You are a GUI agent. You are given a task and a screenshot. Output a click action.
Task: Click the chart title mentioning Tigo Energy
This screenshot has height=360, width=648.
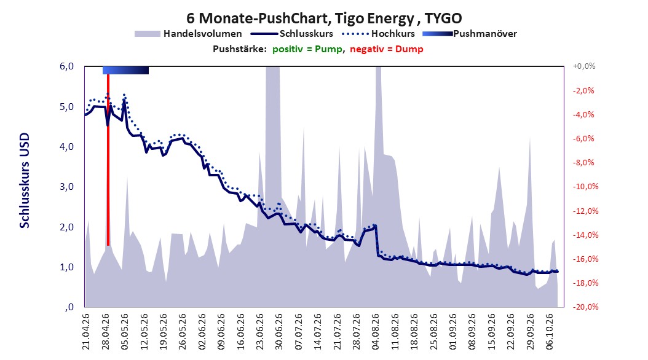click(x=324, y=18)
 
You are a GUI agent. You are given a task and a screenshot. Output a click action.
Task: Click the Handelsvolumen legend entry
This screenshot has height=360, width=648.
click(x=189, y=34)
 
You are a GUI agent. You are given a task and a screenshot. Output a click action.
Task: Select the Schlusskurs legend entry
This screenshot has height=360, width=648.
click(x=292, y=34)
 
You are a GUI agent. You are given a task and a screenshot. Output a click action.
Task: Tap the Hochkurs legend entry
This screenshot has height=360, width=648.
click(x=379, y=34)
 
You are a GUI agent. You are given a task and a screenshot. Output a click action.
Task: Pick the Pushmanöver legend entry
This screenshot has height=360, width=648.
click(x=470, y=34)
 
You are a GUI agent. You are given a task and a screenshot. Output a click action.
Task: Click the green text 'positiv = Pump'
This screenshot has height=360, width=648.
click(x=307, y=49)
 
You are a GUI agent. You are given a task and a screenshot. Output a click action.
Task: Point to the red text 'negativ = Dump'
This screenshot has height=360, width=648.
click(x=387, y=49)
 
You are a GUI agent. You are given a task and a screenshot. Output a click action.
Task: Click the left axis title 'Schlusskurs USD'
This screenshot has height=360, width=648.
click(x=25, y=181)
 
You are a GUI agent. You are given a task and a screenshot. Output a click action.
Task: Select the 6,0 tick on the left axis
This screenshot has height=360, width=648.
click(x=66, y=66)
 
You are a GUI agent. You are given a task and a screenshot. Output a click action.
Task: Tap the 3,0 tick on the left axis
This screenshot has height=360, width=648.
click(x=66, y=187)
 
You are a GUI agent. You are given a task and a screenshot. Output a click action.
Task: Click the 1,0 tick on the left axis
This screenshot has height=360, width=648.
click(x=66, y=267)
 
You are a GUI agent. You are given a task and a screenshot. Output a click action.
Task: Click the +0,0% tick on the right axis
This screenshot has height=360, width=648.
click(x=584, y=66)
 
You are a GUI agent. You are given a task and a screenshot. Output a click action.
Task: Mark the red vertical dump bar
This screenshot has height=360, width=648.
click(x=108, y=160)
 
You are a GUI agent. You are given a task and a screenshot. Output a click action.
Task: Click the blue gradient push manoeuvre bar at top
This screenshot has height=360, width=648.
click(x=125, y=70)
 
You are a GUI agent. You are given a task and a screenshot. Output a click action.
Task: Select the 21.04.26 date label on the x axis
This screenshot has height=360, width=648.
click(x=85, y=332)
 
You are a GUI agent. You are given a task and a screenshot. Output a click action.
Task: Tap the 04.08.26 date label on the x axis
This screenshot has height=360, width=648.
click(x=375, y=332)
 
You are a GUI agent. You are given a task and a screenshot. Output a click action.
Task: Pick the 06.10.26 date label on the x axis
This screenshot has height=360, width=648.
click(x=549, y=332)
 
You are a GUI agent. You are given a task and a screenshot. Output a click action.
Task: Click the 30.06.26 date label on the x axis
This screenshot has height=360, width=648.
click(x=279, y=332)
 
